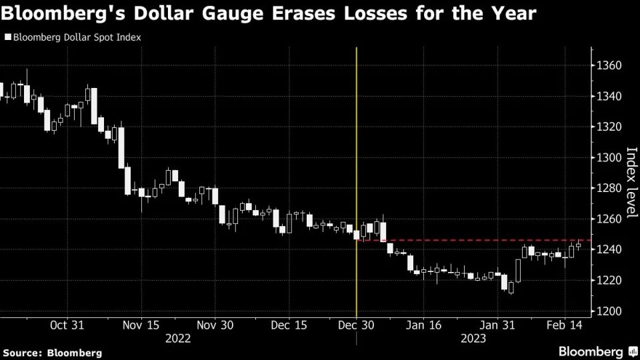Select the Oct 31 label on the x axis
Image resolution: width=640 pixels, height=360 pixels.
67,325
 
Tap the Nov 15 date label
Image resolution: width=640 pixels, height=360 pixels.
141,325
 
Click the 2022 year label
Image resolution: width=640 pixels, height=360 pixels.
178,338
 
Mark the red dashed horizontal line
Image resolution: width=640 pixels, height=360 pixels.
467,240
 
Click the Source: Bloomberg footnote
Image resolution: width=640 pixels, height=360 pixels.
53,351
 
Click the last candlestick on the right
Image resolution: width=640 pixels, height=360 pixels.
578,245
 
